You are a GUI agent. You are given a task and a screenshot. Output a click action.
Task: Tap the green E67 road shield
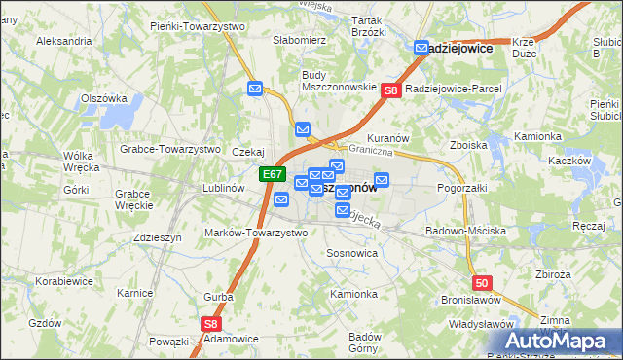273,175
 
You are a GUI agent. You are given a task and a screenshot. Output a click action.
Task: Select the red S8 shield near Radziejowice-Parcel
390,90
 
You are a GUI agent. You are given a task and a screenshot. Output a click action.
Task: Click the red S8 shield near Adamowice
211,324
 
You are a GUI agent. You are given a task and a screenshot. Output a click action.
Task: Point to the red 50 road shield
485,282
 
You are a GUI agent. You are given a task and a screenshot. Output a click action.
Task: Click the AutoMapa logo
562,341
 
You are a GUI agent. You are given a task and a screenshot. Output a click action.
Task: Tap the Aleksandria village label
63,42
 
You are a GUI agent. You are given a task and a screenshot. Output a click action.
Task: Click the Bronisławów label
470,301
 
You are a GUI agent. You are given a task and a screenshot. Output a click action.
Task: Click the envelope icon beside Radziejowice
421,47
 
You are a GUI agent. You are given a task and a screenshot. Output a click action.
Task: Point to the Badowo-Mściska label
465,232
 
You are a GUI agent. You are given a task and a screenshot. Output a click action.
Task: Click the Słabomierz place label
299,40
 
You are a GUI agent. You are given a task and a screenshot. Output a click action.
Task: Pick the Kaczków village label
569,161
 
